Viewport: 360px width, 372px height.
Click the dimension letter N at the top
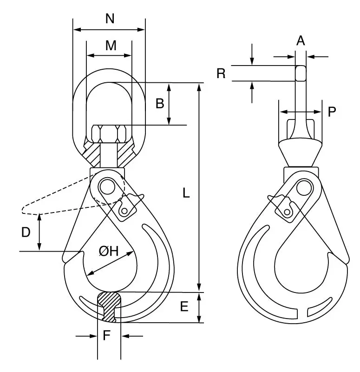coord(110,19)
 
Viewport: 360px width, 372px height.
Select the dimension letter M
coord(111,45)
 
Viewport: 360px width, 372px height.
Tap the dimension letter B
coord(160,103)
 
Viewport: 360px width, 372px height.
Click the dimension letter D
coord(26,232)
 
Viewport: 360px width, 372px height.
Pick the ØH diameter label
coord(109,251)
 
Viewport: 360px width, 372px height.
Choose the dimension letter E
coord(184,306)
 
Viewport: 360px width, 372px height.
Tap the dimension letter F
coord(107,335)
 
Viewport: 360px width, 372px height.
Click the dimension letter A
coord(301,40)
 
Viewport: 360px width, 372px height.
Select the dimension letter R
coord(221,73)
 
